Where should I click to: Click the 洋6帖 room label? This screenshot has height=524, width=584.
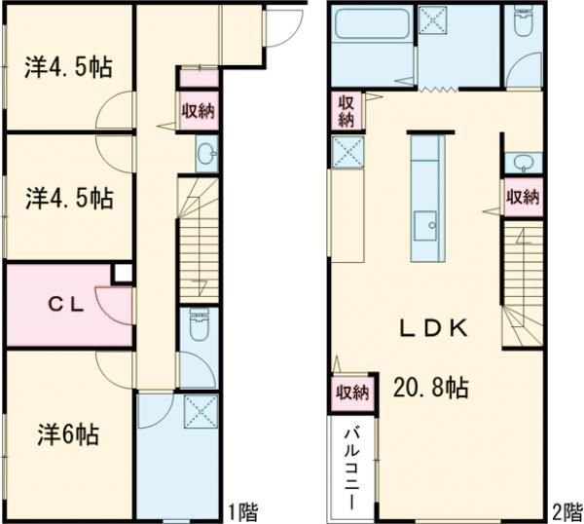click(68, 434)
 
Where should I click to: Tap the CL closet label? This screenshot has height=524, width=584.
click(66, 306)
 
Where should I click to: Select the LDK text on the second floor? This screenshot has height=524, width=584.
click(433, 328)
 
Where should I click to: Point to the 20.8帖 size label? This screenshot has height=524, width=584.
click(430, 388)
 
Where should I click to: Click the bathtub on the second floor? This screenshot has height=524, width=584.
click(372, 23)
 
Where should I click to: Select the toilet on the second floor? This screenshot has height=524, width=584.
click(523, 20)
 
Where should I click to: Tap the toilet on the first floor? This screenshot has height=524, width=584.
click(199, 324)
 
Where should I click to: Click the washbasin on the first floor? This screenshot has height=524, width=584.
click(207, 154)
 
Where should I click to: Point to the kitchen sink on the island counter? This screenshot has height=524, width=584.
click(425, 226)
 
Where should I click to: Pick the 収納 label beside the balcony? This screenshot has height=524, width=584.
click(352, 393)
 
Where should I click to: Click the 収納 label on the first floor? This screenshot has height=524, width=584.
click(198, 110)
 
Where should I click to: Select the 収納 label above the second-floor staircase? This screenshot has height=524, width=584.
click(523, 197)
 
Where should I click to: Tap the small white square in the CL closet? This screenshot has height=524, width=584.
click(123, 274)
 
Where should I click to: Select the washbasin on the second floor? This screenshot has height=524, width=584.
click(523, 162)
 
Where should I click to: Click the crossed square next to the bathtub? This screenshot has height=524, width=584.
click(432, 19)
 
